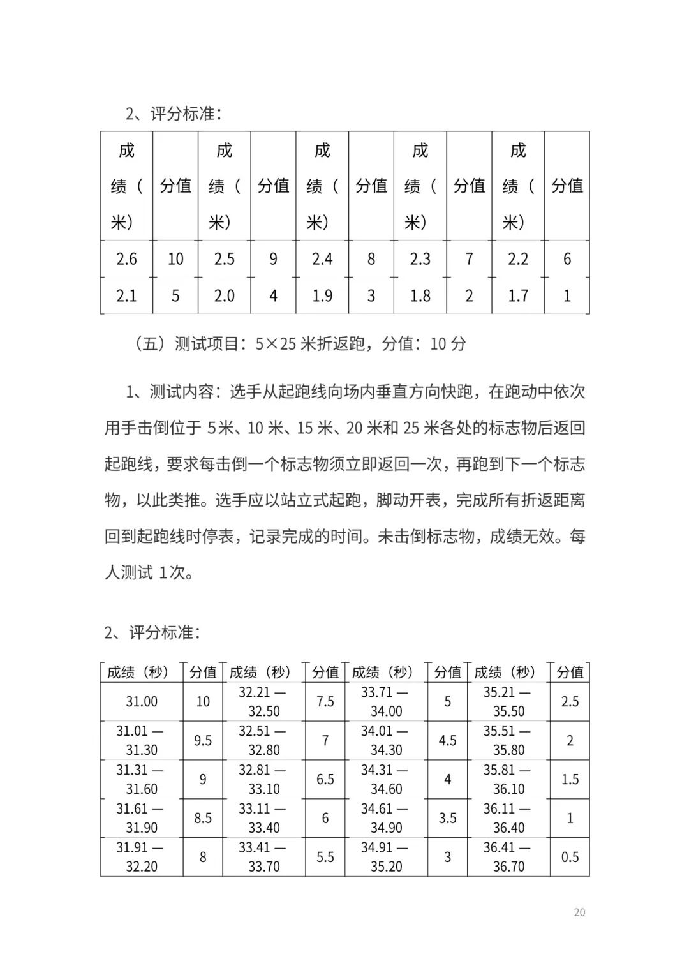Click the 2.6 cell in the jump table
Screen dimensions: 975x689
(x=126, y=259)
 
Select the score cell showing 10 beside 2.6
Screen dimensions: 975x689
(x=175, y=259)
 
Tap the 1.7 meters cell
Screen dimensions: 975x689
(x=518, y=295)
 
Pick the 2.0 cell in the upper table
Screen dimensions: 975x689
(x=225, y=295)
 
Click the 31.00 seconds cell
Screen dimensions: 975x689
(x=142, y=702)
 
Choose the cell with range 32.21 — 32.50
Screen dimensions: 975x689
(x=263, y=702)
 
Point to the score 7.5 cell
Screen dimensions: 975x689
(x=325, y=702)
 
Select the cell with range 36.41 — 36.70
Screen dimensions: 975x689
(x=508, y=857)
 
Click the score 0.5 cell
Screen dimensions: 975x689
(x=570, y=857)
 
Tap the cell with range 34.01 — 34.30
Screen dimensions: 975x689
(x=386, y=741)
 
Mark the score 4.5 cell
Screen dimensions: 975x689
(x=447, y=741)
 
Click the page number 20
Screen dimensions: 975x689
(x=579, y=912)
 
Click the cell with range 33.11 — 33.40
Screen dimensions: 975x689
(x=263, y=818)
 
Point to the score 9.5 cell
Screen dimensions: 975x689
(x=203, y=741)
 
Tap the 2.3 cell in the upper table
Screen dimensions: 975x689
(x=420, y=259)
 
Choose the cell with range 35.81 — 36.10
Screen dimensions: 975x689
(x=508, y=779)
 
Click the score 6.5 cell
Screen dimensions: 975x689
(x=325, y=779)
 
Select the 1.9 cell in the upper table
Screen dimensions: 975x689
(x=322, y=295)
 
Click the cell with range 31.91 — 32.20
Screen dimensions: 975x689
(x=142, y=857)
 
